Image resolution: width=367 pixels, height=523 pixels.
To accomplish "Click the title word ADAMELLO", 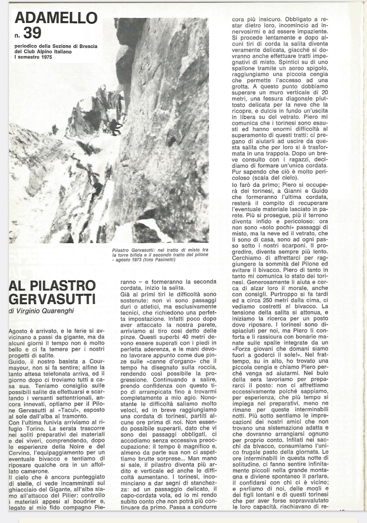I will tap(56, 18).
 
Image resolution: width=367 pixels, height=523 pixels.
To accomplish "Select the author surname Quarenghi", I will tap(58, 311).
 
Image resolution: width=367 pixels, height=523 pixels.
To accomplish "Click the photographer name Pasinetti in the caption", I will tap(165, 260).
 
